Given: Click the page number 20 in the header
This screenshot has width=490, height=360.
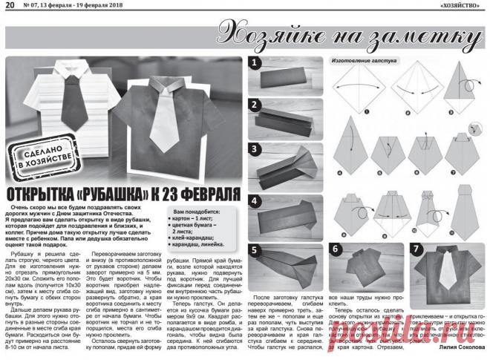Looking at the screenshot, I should [8, 6].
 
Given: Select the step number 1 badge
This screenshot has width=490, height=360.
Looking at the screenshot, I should [254, 63].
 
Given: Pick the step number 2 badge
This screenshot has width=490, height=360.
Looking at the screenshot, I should [254, 105].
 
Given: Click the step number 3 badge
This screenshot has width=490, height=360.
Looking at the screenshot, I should [254, 149].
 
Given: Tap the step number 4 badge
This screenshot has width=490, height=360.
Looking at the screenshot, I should [254, 201].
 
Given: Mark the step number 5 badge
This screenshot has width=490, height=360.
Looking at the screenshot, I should [254, 250].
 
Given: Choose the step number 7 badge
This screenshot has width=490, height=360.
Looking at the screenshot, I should [416, 249].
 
